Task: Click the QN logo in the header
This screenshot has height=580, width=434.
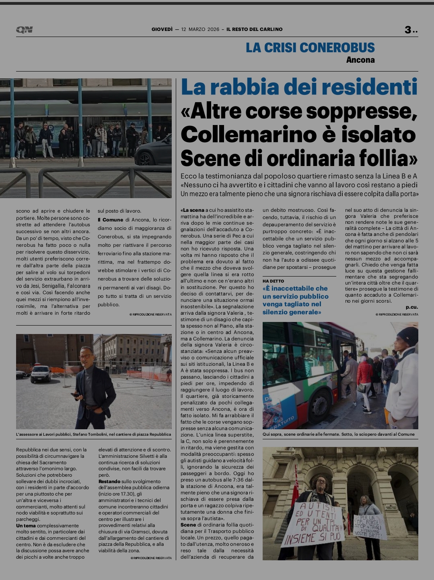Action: (24, 29)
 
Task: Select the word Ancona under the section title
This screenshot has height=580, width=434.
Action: (360, 60)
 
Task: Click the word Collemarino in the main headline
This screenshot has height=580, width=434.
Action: (244, 134)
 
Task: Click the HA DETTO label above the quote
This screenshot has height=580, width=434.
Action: (273, 281)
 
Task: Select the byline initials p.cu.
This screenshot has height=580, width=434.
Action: (411, 307)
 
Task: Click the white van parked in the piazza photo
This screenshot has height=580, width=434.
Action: (41, 373)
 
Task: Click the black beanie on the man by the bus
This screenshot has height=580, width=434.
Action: (407, 336)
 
